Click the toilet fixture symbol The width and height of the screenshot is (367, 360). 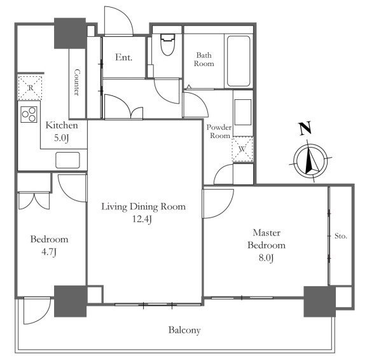tap(167, 45)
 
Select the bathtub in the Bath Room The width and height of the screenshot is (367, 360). tap(239, 61)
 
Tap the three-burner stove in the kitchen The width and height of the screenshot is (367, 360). tap(29, 114)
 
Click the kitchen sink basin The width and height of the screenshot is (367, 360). tap(67, 160)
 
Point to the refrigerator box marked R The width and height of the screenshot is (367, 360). tap(30, 88)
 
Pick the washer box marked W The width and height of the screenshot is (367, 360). tap(242, 149)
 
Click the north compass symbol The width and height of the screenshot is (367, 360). tap(310, 161)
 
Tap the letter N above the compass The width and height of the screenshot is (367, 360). tap(305, 128)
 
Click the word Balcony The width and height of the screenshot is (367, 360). tap(184, 330)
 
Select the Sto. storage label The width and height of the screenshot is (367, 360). tap(341, 236)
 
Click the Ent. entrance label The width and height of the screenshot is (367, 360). tap(124, 57)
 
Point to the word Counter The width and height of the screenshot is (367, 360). tap(76, 82)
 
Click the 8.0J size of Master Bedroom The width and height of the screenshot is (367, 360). tap(266, 258)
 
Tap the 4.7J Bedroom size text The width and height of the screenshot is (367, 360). tap(49, 252)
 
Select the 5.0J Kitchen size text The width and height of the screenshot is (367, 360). tap(61, 138)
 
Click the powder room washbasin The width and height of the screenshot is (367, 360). tap(243, 113)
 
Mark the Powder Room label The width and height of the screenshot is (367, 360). tap(219, 131)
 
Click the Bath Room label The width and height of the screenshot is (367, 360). tap(204, 59)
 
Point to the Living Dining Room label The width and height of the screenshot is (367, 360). tap(144, 207)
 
